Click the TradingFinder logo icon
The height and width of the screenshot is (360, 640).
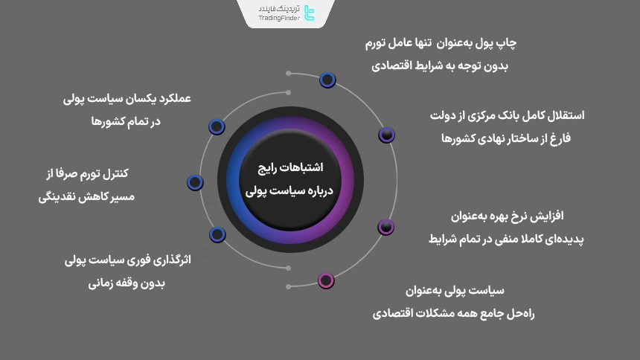310,13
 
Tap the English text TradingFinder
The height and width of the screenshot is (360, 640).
279,19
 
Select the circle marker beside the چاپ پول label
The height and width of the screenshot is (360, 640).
327,80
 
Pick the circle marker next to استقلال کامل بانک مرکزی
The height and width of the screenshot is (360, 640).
386,135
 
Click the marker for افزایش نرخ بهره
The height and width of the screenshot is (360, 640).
385,227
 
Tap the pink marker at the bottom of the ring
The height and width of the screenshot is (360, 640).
326,280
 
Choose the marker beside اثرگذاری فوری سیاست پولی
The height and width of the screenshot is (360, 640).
217,234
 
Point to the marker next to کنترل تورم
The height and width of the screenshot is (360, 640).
195,181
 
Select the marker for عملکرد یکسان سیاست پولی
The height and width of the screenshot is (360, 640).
217,126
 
